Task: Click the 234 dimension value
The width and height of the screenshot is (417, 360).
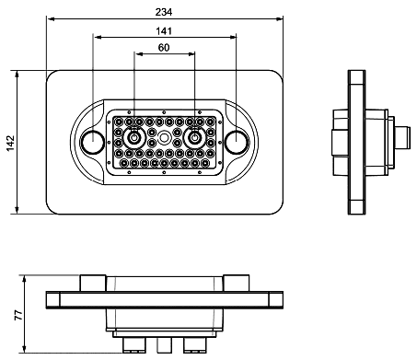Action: pyautogui.click(x=164, y=12)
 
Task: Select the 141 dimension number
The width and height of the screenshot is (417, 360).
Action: pyautogui.click(x=164, y=31)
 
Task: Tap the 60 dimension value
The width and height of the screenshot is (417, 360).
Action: pyautogui.click(x=164, y=48)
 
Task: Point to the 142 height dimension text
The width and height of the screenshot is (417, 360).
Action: pyautogui.click(x=10, y=143)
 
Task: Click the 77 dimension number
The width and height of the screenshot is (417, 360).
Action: pyautogui.click(x=18, y=315)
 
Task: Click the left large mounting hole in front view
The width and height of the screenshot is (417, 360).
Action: pyautogui.click(x=92, y=142)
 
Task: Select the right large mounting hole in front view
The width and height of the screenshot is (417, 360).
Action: pyautogui.click(x=236, y=142)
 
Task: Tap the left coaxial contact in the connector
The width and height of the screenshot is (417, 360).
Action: pyautogui.click(x=134, y=138)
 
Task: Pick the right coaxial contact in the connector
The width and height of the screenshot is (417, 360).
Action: pyautogui.click(x=194, y=138)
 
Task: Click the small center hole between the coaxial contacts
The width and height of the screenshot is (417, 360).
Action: pyautogui.click(x=164, y=137)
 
